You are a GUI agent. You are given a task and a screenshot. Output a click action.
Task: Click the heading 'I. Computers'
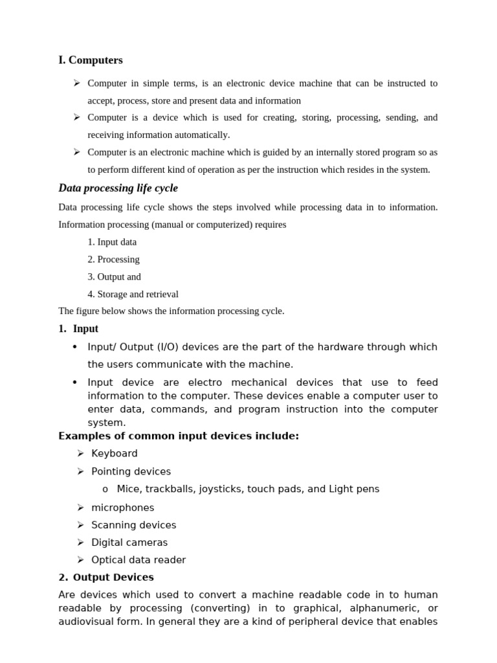[91, 60]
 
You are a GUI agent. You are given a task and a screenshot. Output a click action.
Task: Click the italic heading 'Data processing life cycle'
[118, 188]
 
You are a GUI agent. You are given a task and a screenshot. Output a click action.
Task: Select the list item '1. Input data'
[112, 242]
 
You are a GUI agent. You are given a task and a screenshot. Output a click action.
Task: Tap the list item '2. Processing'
[113, 259]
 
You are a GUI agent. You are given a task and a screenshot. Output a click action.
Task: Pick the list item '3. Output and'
[114, 276]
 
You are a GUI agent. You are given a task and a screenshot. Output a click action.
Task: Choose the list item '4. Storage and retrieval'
[133, 294]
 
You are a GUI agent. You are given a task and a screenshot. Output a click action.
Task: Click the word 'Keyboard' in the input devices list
[115, 453]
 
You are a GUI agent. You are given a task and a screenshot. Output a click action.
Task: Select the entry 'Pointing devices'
[131, 471]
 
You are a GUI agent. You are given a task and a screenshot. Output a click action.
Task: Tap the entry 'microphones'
[122, 508]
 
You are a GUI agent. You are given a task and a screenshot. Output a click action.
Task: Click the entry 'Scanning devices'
[133, 525]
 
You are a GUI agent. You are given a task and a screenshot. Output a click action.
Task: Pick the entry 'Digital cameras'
[129, 543]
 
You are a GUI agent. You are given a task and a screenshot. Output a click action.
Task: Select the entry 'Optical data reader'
[138, 560]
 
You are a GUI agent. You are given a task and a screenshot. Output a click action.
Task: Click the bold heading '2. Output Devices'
[106, 577]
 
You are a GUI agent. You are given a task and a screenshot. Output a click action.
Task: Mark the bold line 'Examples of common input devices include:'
[179, 436]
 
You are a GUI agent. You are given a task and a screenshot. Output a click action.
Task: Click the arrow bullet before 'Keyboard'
[81, 453]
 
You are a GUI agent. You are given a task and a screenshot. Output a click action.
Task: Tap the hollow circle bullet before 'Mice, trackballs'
[105, 489]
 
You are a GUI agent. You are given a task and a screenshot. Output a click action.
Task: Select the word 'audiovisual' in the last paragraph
[86, 622]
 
